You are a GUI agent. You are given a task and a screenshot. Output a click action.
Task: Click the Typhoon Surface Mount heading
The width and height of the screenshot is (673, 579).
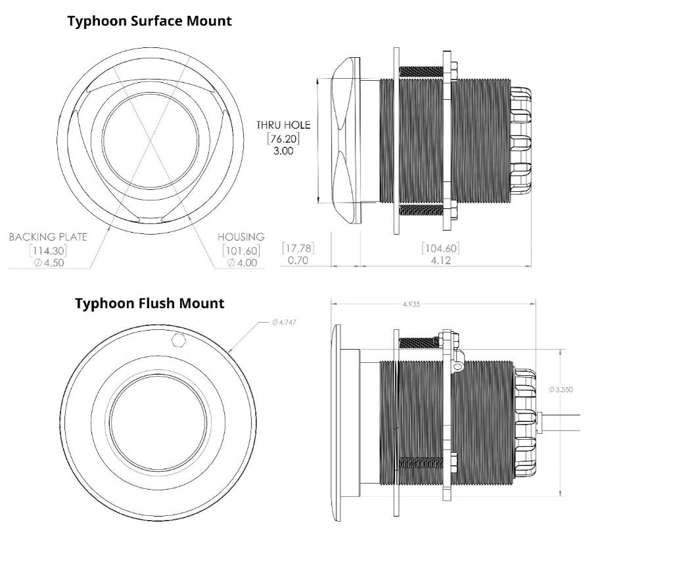(x=149, y=21)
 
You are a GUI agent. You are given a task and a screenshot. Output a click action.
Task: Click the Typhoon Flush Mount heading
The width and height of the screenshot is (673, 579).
(x=149, y=304)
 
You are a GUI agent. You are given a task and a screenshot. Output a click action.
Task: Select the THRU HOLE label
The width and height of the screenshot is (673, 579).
(x=283, y=125)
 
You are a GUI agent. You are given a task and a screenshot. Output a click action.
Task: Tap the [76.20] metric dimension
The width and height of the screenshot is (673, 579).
(x=283, y=138)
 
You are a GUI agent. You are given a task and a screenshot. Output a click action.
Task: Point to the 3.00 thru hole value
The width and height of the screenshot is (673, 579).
(x=283, y=151)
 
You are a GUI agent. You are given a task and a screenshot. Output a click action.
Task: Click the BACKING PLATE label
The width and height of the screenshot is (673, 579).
(x=48, y=237)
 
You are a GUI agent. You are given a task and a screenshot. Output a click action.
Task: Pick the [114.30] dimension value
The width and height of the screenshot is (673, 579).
(x=48, y=250)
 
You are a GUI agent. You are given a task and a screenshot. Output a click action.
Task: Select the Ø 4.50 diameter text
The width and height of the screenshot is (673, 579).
(x=48, y=263)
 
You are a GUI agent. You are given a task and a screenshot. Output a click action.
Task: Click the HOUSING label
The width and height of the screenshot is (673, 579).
(x=241, y=237)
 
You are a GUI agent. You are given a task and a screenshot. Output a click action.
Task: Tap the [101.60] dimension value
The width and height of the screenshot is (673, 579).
(x=241, y=250)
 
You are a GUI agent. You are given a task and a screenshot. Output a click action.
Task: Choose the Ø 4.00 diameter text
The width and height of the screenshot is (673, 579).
(x=241, y=263)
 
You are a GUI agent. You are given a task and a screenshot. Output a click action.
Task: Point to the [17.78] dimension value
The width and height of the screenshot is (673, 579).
(x=298, y=248)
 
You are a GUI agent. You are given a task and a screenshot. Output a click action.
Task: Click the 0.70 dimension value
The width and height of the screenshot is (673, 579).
(x=298, y=260)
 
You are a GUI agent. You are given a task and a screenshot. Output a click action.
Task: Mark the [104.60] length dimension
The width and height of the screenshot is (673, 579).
(x=440, y=248)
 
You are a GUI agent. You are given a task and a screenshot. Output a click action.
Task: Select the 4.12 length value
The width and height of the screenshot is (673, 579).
(x=440, y=260)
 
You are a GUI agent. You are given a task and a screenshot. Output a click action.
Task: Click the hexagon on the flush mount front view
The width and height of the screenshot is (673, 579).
(x=177, y=339)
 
